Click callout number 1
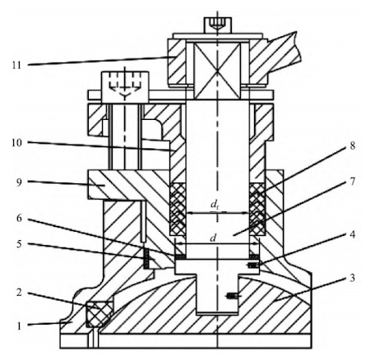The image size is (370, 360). (16, 324)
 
